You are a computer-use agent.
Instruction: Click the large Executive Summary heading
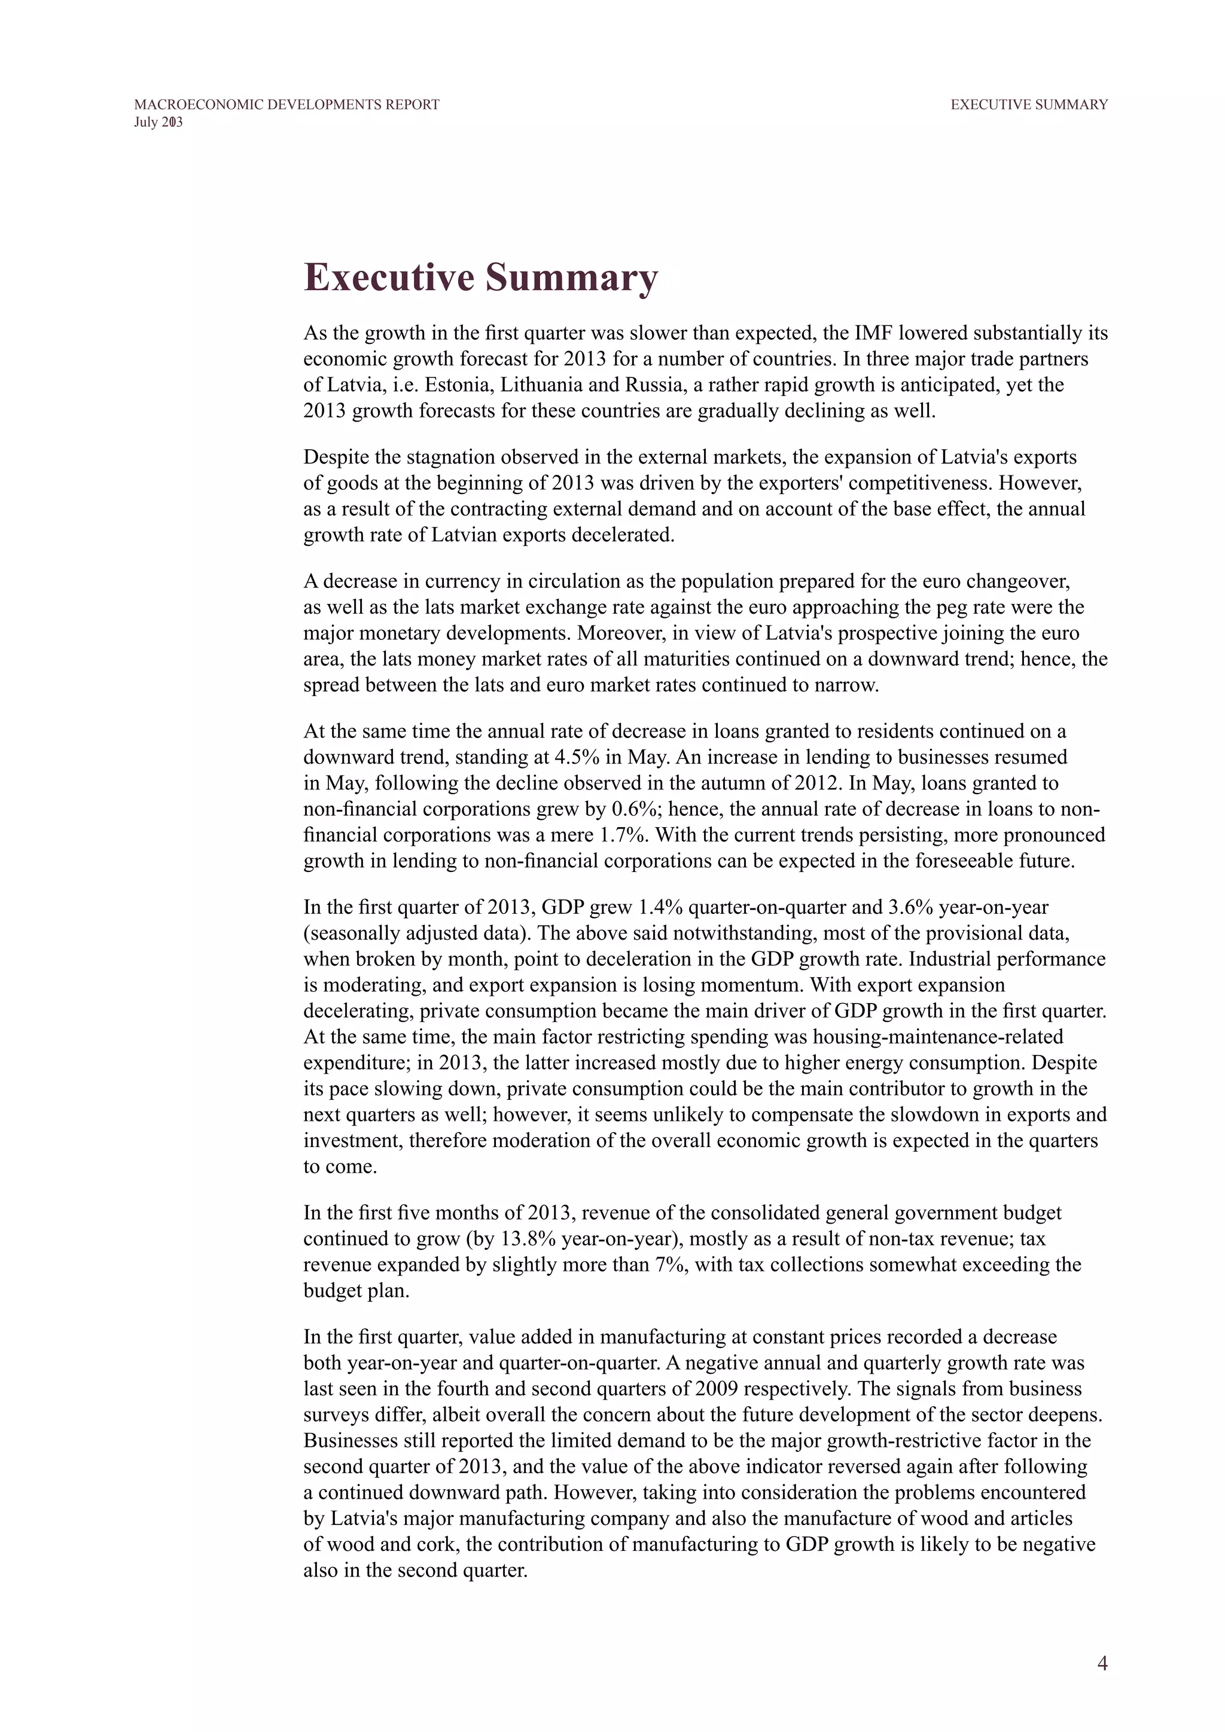point(480,277)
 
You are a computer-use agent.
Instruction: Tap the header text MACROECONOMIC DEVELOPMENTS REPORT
point(287,105)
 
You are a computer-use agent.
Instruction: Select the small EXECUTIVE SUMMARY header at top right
point(1029,105)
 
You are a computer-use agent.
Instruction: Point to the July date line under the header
point(159,122)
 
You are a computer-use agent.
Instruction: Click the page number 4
point(1102,1642)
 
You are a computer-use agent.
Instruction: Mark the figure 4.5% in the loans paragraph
point(578,757)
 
